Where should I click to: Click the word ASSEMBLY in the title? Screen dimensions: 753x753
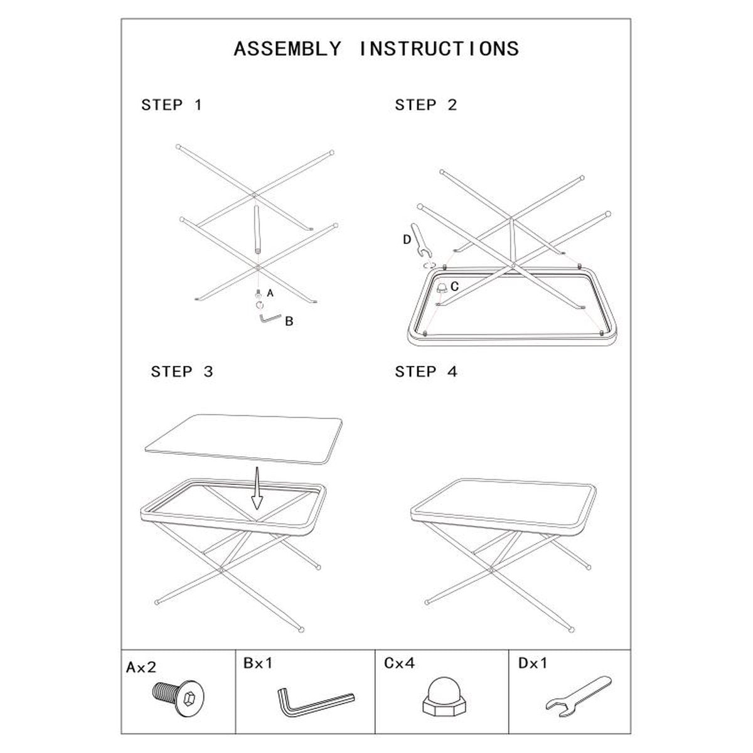(287, 49)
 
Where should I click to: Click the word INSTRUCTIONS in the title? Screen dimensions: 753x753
(439, 49)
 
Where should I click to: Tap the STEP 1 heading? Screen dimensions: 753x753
(172, 105)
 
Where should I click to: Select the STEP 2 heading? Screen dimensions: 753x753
(426, 105)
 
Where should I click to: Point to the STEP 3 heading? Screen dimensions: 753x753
(182, 371)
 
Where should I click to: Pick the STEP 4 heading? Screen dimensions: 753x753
(426, 371)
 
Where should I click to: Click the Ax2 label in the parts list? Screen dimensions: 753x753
(141, 667)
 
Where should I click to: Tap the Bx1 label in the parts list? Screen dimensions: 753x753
(258, 663)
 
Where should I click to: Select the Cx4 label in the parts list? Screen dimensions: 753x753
(399, 663)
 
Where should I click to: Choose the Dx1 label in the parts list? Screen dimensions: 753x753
(533, 663)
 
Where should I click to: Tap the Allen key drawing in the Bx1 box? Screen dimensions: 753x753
(316, 702)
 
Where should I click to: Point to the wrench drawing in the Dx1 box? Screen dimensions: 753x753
(579, 697)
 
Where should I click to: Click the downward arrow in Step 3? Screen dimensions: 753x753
(257, 488)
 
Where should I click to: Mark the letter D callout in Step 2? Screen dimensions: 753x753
(407, 240)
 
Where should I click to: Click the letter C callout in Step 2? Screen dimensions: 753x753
(454, 286)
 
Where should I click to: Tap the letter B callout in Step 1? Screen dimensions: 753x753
(289, 321)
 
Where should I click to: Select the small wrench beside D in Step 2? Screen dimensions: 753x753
(422, 240)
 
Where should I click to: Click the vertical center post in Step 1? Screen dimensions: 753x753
(257, 229)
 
